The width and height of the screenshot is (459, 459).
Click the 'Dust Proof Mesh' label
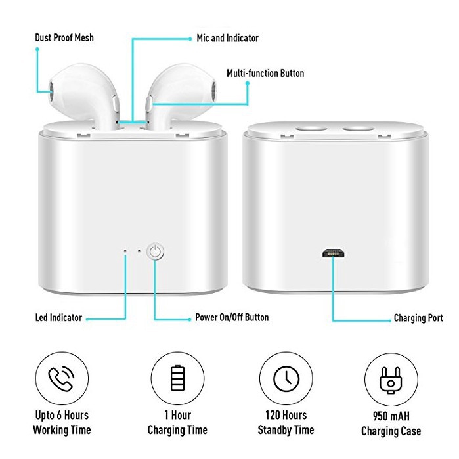point(64,37)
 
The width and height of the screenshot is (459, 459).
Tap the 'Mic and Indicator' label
point(228,37)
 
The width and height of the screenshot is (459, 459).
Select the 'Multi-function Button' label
point(265,73)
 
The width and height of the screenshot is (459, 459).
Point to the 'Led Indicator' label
point(58,318)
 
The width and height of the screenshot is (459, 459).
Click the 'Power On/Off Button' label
point(232,318)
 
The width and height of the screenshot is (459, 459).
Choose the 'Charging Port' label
point(418,318)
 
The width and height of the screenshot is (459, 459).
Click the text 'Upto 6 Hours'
point(62,415)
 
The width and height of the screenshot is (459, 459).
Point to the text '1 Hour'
point(178,415)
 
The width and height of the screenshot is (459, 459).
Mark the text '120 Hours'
point(286,415)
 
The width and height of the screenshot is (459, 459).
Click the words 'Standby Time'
point(286,430)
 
